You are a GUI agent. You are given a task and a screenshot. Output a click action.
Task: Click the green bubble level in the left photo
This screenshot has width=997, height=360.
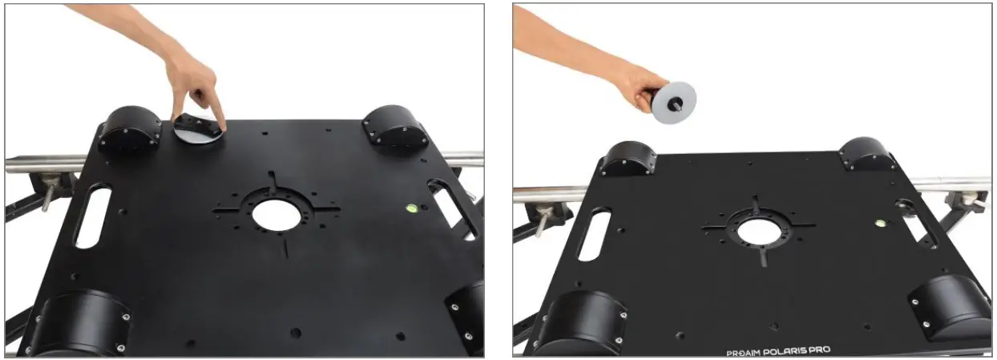pyautogui.click(x=412, y=208)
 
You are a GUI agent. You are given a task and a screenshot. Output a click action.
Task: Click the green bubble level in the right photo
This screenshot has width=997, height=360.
pyautogui.click(x=880, y=223)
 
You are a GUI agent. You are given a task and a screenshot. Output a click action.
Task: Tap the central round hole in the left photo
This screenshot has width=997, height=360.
pyautogui.click(x=276, y=215)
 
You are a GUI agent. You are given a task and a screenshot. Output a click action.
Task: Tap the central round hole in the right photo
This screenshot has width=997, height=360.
pyautogui.click(x=759, y=232)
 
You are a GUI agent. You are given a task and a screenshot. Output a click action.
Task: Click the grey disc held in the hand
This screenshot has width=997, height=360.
pyautogui.click(x=675, y=103)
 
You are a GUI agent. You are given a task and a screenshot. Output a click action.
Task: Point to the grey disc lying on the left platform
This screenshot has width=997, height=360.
pyautogui.click(x=198, y=131)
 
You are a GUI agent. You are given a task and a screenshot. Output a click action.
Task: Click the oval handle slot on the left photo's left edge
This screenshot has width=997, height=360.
pyautogui.click(x=92, y=217)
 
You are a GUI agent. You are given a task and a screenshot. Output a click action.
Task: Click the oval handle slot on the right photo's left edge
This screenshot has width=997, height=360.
pyautogui.click(x=594, y=234)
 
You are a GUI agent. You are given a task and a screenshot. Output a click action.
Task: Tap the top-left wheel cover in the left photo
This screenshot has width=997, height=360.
pyautogui.click(x=130, y=129)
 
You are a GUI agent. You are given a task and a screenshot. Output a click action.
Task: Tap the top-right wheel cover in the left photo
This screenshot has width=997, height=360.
pyautogui.click(x=395, y=126)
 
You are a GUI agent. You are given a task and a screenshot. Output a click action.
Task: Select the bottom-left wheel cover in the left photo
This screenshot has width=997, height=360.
pyautogui.click(x=79, y=323)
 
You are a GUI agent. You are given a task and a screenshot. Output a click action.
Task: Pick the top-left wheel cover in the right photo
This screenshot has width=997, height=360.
pyautogui.click(x=628, y=159)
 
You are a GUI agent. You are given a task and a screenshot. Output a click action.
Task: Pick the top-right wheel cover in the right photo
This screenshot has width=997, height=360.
pyautogui.click(x=866, y=154)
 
